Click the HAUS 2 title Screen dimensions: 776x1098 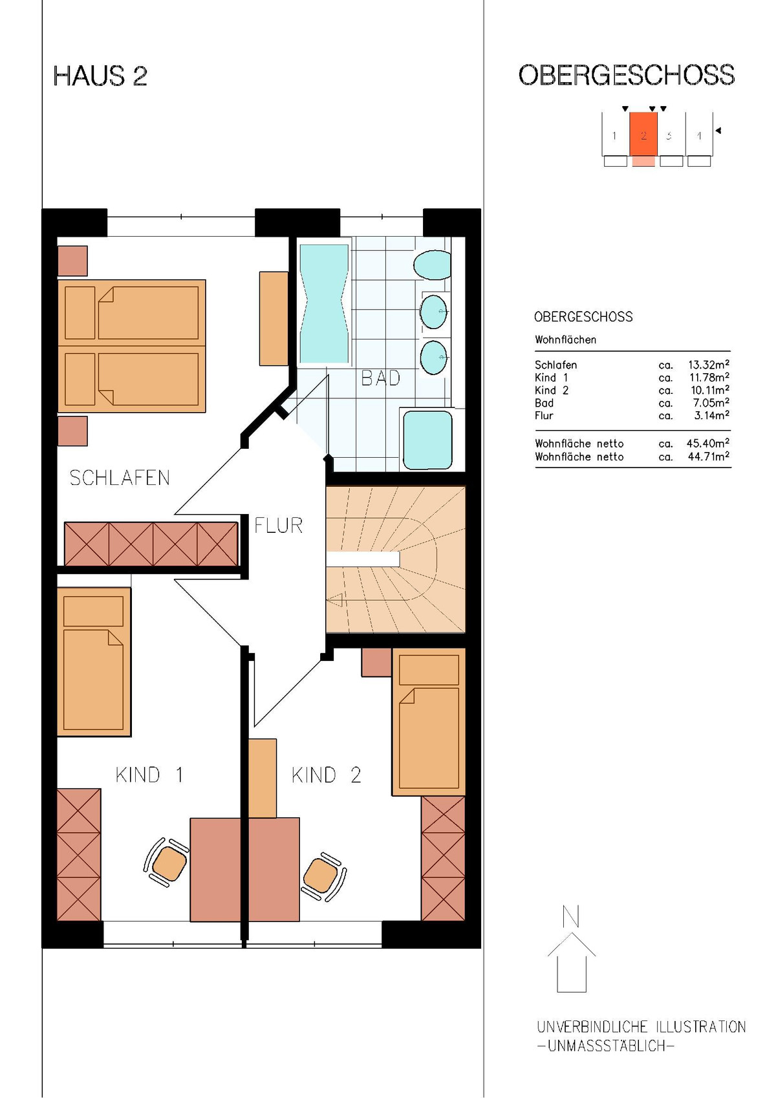[100, 76]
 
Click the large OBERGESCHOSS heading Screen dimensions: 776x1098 [627, 75]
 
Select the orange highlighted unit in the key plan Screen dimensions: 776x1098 [643, 134]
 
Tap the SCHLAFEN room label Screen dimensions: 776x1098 [120, 478]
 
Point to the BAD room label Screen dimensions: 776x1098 [380, 378]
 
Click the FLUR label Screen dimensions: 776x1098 [279, 526]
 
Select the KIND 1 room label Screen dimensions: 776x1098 [149, 775]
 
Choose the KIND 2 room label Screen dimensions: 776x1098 [326, 775]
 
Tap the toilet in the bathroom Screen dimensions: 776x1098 [432, 265]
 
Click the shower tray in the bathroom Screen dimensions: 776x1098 [427, 440]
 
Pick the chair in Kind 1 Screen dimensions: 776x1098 [167, 863]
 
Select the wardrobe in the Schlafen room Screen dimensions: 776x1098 [151, 544]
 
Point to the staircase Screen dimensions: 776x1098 [396, 559]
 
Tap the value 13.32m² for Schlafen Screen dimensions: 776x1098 [708, 365]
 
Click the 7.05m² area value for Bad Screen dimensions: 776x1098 [711, 403]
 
